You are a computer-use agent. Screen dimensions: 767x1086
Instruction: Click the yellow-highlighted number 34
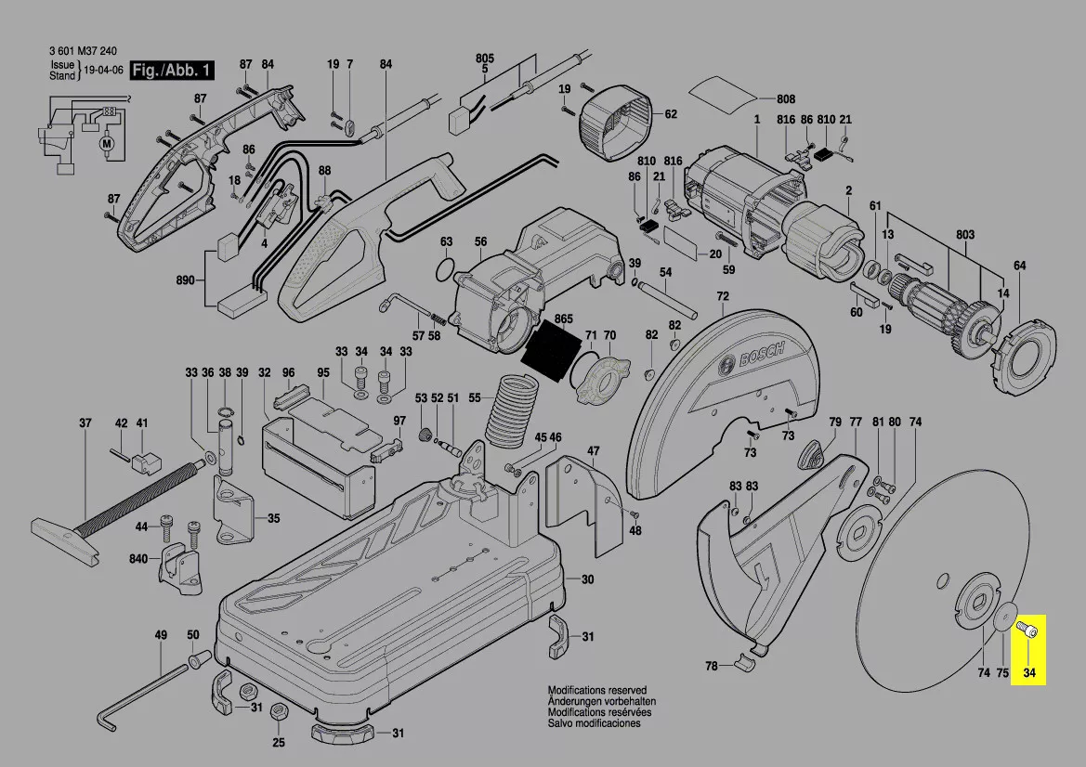(1028, 673)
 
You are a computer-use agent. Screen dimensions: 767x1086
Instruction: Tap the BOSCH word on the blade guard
(761, 361)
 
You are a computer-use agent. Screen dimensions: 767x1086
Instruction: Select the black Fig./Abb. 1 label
(173, 71)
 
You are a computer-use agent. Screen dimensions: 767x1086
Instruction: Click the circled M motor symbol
(105, 143)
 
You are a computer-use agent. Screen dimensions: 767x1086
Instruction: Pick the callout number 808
(786, 98)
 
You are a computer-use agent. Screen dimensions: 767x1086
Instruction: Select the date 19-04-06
(103, 71)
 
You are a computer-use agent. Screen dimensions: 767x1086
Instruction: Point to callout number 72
(722, 296)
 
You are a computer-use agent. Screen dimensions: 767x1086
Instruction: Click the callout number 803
(964, 235)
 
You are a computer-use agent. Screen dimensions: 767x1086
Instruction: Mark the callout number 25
(278, 742)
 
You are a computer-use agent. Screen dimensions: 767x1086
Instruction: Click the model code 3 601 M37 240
(83, 52)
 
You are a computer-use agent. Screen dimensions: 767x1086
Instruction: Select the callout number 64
(1019, 266)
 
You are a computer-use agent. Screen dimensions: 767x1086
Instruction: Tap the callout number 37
(85, 423)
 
